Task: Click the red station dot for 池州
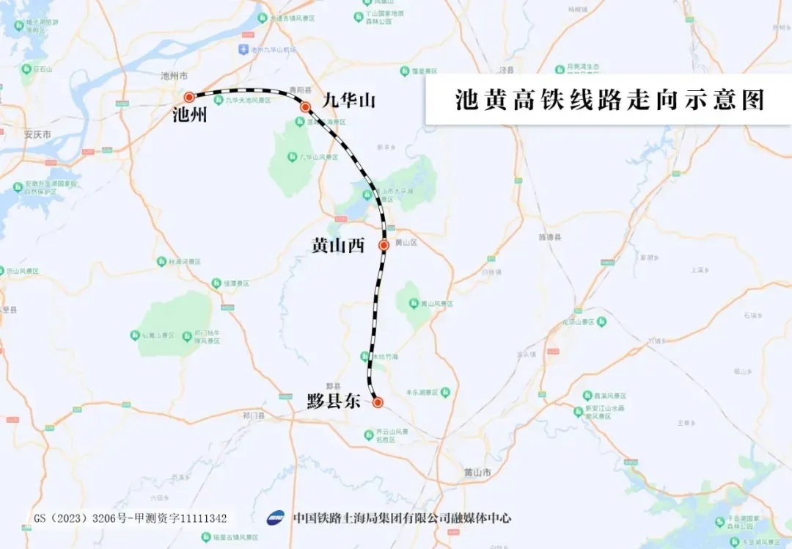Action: (189, 97)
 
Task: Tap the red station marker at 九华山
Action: (305, 107)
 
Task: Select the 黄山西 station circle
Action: (384, 245)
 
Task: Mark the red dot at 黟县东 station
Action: (378, 402)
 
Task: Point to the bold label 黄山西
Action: (338, 246)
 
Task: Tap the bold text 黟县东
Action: (334, 401)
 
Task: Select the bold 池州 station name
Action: (189, 115)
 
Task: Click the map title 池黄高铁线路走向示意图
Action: (609, 99)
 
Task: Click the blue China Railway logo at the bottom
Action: (276, 518)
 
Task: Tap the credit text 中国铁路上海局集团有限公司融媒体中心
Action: (402, 518)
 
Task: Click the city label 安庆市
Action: (37, 135)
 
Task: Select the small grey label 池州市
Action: (175, 76)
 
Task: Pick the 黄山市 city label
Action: (477, 472)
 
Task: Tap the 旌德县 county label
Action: (549, 237)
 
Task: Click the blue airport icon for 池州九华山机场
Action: (243, 49)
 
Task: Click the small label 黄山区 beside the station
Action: (406, 242)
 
